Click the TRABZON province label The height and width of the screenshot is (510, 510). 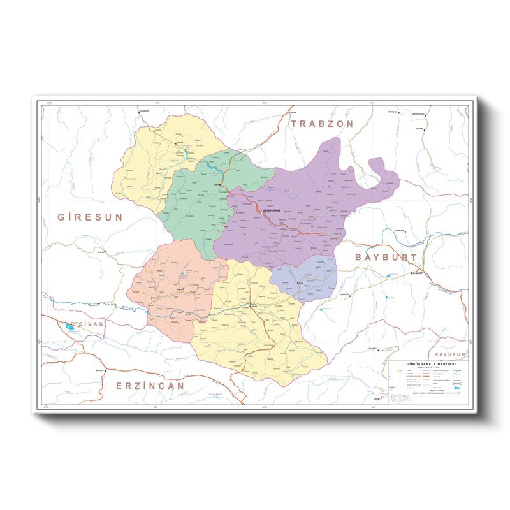click(322, 124)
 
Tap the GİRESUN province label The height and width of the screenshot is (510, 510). click(89, 217)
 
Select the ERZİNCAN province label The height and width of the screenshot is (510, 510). click(150, 385)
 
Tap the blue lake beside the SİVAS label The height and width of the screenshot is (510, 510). click(68, 327)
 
